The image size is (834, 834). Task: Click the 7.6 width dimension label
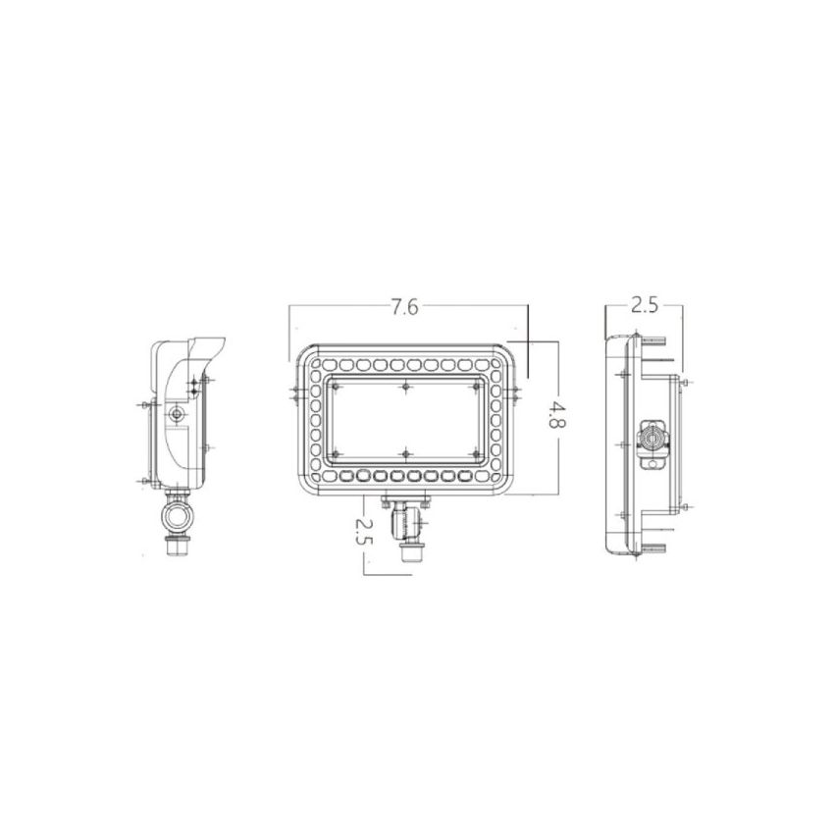[x=403, y=306]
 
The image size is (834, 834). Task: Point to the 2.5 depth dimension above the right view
[x=644, y=305]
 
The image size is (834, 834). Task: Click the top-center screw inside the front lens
[x=404, y=387]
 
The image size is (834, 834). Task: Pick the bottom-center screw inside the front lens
[x=404, y=453]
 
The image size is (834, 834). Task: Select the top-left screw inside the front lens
[x=336, y=387]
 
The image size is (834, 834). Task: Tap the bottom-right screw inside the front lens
[x=475, y=453]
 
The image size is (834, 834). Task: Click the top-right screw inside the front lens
[x=475, y=387]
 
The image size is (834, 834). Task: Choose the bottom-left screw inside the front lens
[x=336, y=453]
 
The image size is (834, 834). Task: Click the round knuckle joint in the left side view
[x=177, y=513]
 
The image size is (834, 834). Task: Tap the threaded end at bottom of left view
[x=177, y=545]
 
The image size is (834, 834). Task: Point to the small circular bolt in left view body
[x=175, y=415]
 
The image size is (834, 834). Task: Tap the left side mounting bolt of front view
[x=295, y=395]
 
